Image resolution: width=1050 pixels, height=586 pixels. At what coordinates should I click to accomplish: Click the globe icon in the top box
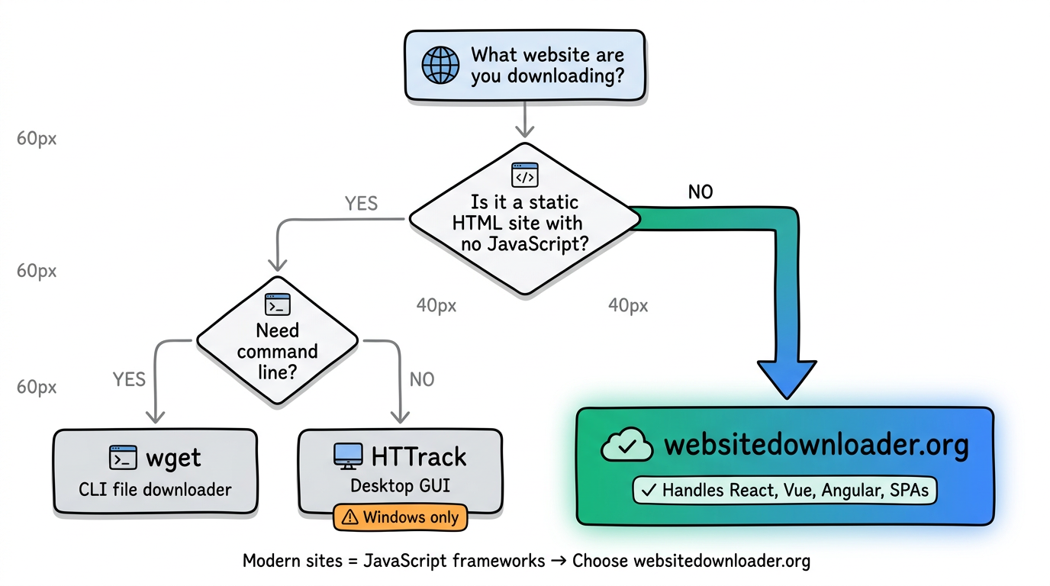pyautogui.click(x=440, y=65)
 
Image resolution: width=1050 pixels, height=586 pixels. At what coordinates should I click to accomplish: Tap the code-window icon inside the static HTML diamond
pyautogui.click(x=525, y=175)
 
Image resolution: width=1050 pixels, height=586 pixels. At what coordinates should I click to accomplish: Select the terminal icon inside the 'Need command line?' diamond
pyautogui.click(x=277, y=304)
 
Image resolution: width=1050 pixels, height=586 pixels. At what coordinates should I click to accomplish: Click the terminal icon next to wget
pyautogui.click(x=123, y=458)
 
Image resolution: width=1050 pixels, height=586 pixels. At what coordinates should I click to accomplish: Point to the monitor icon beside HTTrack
pyautogui.click(x=348, y=456)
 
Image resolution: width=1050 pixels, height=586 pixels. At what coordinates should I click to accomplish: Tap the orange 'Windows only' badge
pyautogui.click(x=400, y=517)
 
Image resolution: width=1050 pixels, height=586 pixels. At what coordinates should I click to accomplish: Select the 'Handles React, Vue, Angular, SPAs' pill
pyautogui.click(x=785, y=490)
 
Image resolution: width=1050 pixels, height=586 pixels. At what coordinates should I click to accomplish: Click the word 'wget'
pyautogui.click(x=173, y=458)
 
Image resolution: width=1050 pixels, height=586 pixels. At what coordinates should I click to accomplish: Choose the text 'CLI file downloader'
pyautogui.click(x=155, y=489)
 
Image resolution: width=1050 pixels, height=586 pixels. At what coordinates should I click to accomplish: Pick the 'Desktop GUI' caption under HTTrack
pyautogui.click(x=399, y=486)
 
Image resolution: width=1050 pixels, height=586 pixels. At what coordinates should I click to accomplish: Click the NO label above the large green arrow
pyautogui.click(x=700, y=192)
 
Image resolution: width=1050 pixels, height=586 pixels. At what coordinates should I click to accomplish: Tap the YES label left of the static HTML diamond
pyautogui.click(x=361, y=204)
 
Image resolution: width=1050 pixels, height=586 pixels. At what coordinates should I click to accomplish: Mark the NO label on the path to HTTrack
pyautogui.click(x=421, y=379)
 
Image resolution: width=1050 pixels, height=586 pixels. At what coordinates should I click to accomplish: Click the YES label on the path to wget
pyautogui.click(x=129, y=379)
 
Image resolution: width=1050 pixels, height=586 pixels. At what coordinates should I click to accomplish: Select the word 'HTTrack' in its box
pyautogui.click(x=418, y=456)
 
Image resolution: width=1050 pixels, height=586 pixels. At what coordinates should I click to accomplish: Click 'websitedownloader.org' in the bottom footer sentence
pyautogui.click(x=721, y=561)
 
